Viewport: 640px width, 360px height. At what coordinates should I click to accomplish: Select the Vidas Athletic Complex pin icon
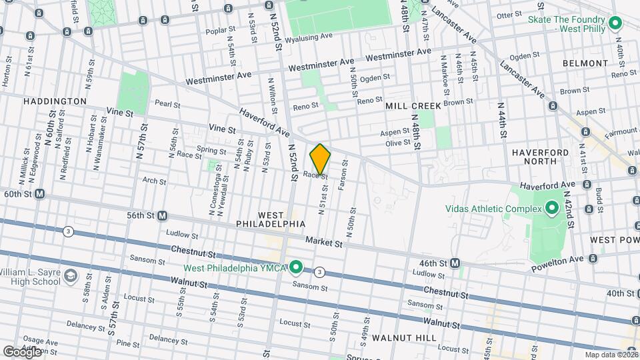click(x=551, y=209)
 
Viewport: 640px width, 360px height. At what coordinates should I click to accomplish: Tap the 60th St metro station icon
click(x=39, y=194)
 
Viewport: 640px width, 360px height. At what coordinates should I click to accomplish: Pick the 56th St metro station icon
click(x=162, y=216)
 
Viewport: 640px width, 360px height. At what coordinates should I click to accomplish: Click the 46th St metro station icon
click(x=455, y=263)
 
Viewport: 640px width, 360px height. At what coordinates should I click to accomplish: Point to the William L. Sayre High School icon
click(x=70, y=276)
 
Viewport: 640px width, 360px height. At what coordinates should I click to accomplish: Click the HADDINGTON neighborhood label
click(x=55, y=101)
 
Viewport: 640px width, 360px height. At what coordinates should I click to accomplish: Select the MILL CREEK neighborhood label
click(x=413, y=106)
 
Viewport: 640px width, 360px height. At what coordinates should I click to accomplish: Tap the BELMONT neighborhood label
click(x=585, y=63)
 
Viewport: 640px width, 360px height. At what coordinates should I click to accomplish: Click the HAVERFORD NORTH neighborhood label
click(x=541, y=157)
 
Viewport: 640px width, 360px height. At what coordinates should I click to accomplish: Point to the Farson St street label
click(x=343, y=175)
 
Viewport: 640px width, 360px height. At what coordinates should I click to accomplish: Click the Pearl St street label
click(x=167, y=104)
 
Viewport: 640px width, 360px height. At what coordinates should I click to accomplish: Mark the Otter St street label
click(x=509, y=15)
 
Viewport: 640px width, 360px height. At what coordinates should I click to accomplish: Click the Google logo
click(x=21, y=351)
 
